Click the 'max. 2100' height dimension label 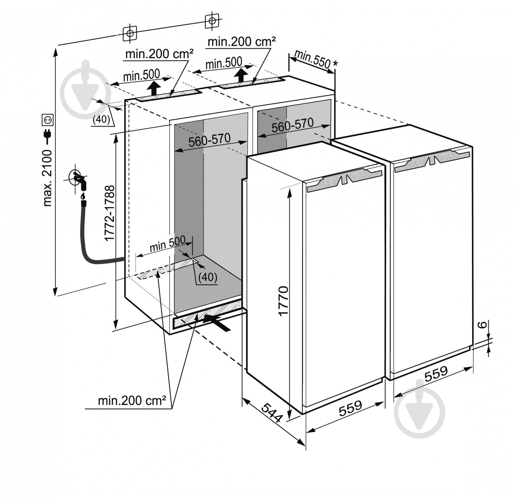point(47,178)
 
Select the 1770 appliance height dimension point(284,301)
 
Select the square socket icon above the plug point(48,120)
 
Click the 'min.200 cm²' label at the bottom point(132,400)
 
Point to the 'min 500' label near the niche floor point(167,244)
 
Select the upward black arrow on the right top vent point(239,76)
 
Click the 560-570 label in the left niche point(209,140)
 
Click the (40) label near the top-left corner point(101,119)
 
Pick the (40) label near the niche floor point(208,276)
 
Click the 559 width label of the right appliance point(436,374)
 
